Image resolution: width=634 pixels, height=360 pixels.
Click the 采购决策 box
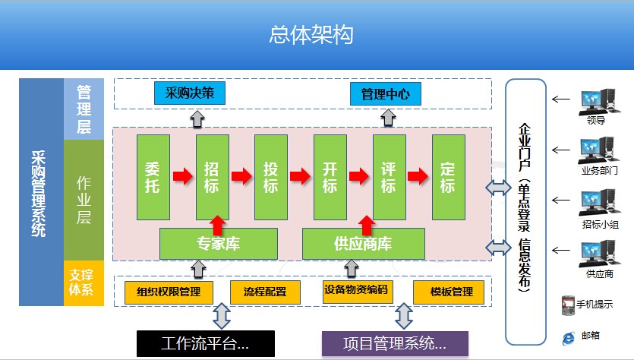[190, 93]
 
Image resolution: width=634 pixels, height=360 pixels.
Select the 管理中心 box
[385, 94]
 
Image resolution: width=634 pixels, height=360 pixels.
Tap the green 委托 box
[153, 177]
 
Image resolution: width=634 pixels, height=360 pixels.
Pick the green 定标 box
[449, 177]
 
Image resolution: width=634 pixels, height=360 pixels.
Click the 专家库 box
[219, 244]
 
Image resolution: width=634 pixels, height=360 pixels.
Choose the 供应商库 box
[364, 244]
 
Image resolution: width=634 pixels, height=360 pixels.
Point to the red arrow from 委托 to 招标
[183, 176]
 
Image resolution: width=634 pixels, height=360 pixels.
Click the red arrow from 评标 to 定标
[418, 176]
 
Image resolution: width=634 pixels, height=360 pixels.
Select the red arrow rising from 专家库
[218, 226]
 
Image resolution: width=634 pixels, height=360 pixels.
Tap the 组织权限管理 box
[169, 292]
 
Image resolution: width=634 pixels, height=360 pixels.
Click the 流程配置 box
[265, 292]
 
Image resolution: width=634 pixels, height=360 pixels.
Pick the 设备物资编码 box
[358, 291]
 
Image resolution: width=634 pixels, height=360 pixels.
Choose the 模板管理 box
[449, 292]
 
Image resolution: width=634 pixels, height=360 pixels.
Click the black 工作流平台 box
[206, 344]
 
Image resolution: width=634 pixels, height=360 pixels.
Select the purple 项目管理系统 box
[395, 344]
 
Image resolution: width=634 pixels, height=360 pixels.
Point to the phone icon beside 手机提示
[568, 305]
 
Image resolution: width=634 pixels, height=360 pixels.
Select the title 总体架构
[311, 35]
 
